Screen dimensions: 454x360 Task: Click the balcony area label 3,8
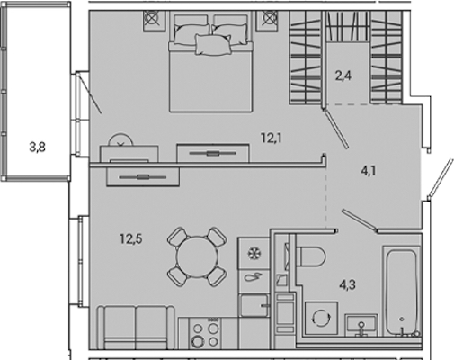pyautogui.click(x=38, y=148)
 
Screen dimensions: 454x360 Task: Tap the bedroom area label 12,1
pyautogui.click(x=272, y=138)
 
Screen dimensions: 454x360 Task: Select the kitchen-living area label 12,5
pyautogui.click(x=131, y=239)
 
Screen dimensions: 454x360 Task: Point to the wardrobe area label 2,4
pyautogui.click(x=343, y=76)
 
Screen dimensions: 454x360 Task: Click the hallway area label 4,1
pyautogui.click(x=369, y=171)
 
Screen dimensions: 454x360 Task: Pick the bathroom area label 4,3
pyautogui.click(x=347, y=284)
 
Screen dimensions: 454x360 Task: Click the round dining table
pyautogui.click(x=197, y=257)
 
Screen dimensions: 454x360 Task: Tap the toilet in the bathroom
pyautogui.click(x=310, y=256)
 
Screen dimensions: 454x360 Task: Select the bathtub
pyautogui.click(x=402, y=291)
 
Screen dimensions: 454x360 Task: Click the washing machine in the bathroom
pyautogui.click(x=321, y=318)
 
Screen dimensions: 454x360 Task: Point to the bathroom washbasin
pyautogui.click(x=361, y=325)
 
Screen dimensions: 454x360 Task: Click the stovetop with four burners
pyautogui.click(x=205, y=334)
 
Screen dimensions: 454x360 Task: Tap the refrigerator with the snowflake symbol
pyautogui.click(x=254, y=254)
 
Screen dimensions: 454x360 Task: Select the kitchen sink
pyautogui.click(x=254, y=305)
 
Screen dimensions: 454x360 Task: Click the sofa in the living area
pyautogui.click(x=136, y=328)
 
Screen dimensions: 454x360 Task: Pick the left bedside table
pyautogui.click(x=155, y=21)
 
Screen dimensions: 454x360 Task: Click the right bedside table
pyautogui.click(x=267, y=21)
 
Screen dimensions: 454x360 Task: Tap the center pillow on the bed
pyautogui.click(x=213, y=44)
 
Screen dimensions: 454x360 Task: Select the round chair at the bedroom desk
pyautogui.click(x=120, y=139)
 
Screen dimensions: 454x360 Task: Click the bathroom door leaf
pyautogui.click(x=360, y=220)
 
